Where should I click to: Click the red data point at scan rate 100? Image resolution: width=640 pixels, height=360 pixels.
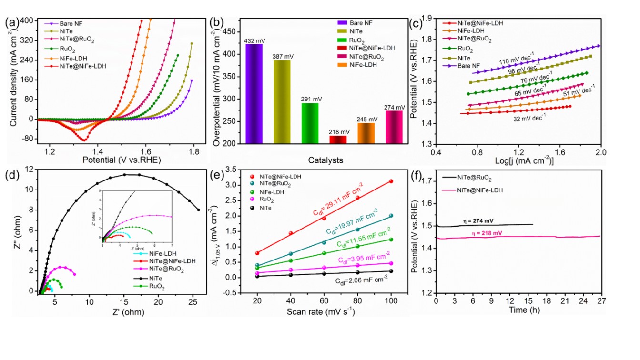tap(391, 181)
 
